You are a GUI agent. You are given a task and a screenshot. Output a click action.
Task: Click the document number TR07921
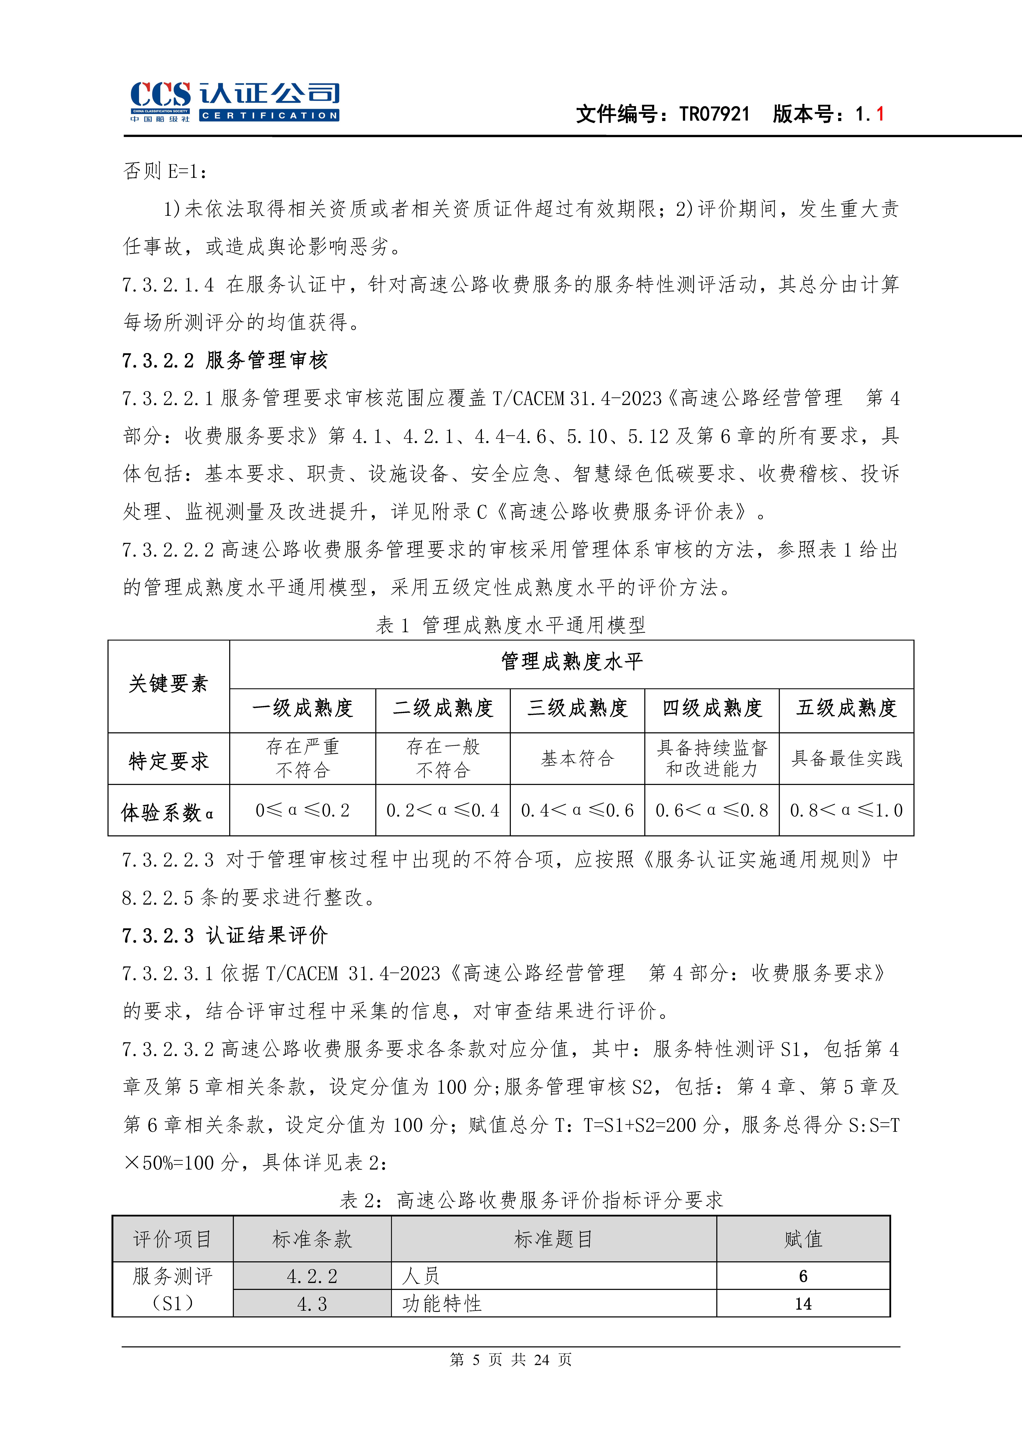tap(714, 114)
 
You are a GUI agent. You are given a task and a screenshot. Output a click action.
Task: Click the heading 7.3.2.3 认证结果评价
tap(225, 935)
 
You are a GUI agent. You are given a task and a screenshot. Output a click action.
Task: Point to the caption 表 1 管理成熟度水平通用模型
tap(511, 625)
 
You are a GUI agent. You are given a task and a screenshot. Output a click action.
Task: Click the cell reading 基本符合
tap(577, 759)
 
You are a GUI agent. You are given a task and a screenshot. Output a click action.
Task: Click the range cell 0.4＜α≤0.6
tap(577, 810)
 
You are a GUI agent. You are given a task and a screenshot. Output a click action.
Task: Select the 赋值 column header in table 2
tap(803, 1239)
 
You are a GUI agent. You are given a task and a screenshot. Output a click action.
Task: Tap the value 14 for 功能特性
tap(803, 1304)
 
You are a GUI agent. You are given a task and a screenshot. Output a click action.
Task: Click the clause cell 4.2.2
tap(312, 1276)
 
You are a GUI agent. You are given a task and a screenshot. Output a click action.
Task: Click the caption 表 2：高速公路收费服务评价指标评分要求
tap(531, 1200)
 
